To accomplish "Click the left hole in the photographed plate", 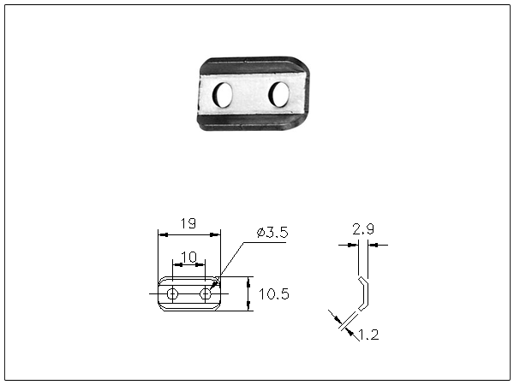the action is click(222, 94).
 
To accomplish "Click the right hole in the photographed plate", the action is click(279, 94).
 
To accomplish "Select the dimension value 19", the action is click(188, 224).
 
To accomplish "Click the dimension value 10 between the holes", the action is click(188, 258).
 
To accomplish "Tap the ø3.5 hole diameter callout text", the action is click(272, 233).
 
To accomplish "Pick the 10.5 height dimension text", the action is click(274, 294).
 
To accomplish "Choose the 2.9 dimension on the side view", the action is click(363, 229).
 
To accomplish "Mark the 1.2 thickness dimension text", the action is click(368, 335).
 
